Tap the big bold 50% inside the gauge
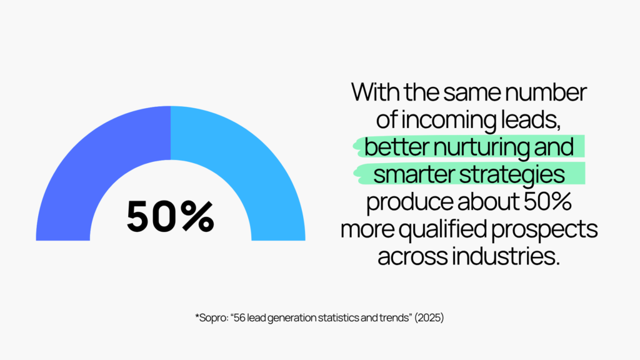[170, 216]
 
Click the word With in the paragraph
[376, 92]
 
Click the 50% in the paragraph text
[547, 202]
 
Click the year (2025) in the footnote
[429, 317]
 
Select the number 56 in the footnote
[239, 317]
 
